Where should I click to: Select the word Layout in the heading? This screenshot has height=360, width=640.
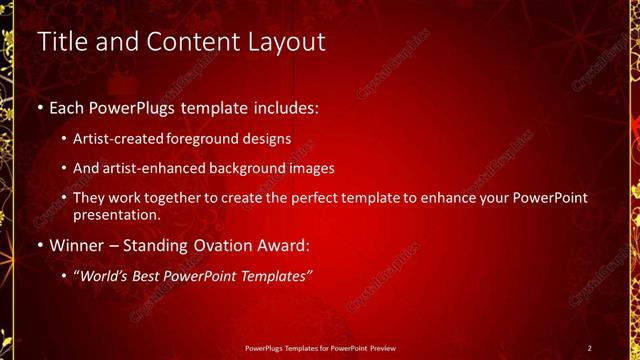(284, 42)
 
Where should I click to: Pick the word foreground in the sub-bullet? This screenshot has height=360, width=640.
(210, 139)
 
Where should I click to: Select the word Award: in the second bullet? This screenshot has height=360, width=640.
(289, 244)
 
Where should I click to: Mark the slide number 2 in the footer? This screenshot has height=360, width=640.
(590, 347)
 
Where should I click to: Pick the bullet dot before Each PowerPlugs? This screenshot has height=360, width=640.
(39, 106)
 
